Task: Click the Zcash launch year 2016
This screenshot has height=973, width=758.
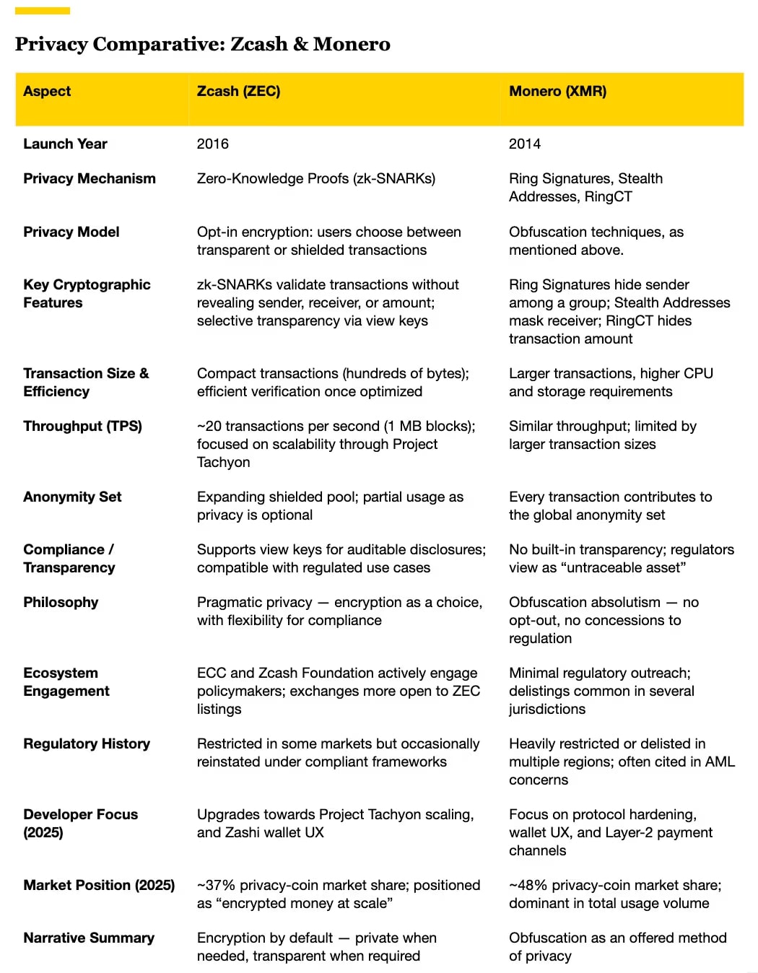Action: [212, 144]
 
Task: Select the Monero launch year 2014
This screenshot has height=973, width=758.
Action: [524, 144]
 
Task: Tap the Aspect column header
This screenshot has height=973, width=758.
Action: [47, 91]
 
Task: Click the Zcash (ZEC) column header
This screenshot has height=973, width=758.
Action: [238, 91]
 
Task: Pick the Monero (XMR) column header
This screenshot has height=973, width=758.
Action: [557, 91]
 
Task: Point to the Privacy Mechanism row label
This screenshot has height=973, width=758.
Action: [89, 178]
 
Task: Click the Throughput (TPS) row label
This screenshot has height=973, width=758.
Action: [82, 426]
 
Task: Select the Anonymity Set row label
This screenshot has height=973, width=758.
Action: [72, 497]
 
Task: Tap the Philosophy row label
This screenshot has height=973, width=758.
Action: [61, 602]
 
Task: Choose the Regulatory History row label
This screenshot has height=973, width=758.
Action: [87, 743]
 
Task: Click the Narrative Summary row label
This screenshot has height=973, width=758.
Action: [89, 938]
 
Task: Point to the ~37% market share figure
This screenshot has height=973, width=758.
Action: [216, 885]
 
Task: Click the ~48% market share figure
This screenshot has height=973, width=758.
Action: [528, 885]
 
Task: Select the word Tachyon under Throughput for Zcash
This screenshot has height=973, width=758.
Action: [223, 462]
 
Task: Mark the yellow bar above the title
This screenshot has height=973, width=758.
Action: [43, 11]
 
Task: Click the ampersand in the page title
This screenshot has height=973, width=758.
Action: [300, 44]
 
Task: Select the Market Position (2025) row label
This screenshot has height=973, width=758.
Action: [99, 885]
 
